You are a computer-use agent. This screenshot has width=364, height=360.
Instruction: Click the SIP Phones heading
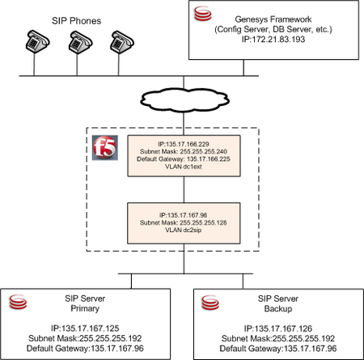click(76, 21)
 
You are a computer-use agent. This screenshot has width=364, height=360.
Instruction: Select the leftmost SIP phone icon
click(37, 41)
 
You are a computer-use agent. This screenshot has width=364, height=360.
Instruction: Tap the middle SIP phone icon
click(80, 42)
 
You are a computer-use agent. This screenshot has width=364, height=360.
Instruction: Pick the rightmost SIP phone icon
click(122, 42)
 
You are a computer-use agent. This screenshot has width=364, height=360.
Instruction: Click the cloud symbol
click(184, 100)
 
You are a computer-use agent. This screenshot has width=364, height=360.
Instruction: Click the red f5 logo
click(105, 148)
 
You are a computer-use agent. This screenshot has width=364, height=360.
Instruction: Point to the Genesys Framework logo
click(203, 14)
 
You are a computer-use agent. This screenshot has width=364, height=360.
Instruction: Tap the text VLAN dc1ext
click(184, 167)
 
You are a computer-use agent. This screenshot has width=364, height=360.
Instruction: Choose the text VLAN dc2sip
click(184, 230)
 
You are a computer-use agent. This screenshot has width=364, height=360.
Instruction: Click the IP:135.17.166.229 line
click(184, 144)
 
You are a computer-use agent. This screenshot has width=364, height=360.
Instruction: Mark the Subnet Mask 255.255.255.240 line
click(184, 151)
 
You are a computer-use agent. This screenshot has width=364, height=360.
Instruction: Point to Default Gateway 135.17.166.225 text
click(184, 159)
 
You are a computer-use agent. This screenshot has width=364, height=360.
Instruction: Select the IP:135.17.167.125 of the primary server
click(85, 328)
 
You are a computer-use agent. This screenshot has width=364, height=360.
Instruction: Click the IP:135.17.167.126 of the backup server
click(278, 328)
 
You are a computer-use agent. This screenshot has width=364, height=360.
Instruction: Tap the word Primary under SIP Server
click(85, 308)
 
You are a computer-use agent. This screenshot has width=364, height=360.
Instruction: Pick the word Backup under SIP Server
click(278, 308)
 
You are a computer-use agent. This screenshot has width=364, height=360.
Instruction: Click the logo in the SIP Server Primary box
click(18, 302)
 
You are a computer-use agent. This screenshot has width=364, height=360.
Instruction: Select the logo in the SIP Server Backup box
click(210, 303)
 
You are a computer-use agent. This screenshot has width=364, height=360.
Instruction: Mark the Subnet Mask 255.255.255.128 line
click(184, 222)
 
